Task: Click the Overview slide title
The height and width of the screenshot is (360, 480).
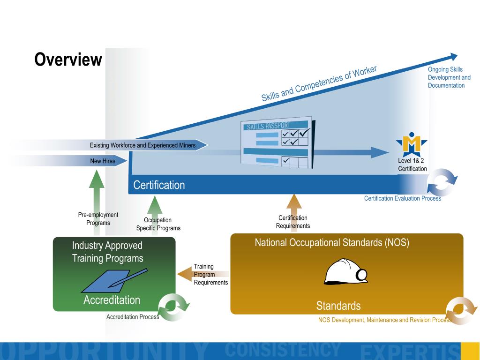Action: point(68,60)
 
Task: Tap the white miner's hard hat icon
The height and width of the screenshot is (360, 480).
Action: point(346,272)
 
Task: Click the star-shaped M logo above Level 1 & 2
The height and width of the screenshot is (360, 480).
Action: point(412,144)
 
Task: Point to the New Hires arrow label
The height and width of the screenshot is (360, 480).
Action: point(103,161)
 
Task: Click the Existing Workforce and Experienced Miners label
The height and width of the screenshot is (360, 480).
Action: point(142,145)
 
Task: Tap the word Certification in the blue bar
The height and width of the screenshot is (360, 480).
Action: point(159,185)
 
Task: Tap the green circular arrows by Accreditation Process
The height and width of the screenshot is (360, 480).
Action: point(173,307)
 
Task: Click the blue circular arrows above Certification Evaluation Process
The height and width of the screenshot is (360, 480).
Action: point(442,182)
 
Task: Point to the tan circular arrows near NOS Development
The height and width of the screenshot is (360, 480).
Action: point(461,311)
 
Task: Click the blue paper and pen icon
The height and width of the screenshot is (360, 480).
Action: point(114,280)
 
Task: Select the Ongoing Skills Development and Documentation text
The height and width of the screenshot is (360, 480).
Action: point(449,77)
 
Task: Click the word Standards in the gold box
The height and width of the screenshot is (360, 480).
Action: point(338,306)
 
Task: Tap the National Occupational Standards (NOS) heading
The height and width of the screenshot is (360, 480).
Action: point(332,242)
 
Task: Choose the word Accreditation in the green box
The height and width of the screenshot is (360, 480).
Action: point(112,300)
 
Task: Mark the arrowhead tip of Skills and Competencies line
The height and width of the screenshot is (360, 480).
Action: point(457,55)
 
